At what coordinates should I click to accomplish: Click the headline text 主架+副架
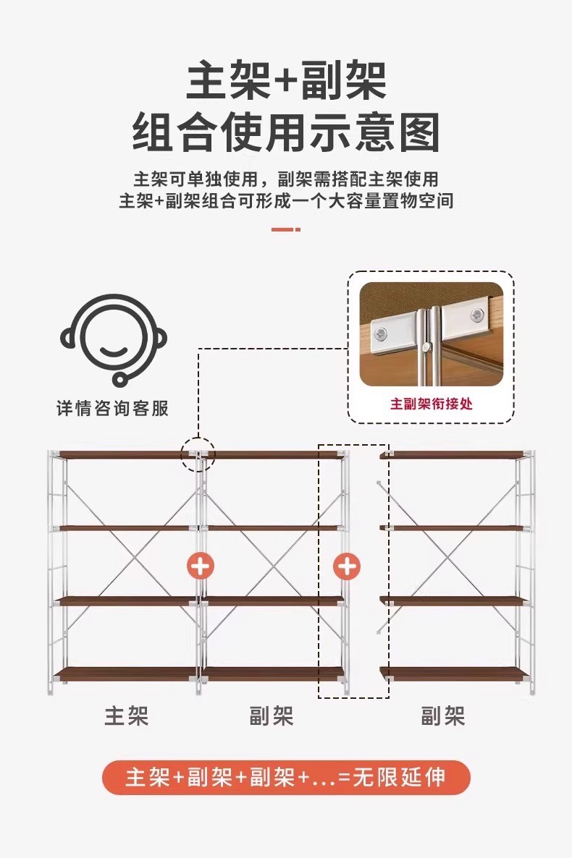286,81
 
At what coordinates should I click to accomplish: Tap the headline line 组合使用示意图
286,132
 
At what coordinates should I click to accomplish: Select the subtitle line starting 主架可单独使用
286,179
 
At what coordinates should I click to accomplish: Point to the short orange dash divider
286,229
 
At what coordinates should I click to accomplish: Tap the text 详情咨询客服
113,408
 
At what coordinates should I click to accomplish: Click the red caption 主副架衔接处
432,404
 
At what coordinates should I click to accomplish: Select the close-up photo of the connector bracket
432,334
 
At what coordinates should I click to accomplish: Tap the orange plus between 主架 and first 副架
200,565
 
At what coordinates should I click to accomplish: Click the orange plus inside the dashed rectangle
348,565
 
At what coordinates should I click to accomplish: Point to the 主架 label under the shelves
127,716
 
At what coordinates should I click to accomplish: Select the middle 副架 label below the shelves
272,716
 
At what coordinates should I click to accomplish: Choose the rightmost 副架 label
443,716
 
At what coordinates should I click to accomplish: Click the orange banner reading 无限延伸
286,778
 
